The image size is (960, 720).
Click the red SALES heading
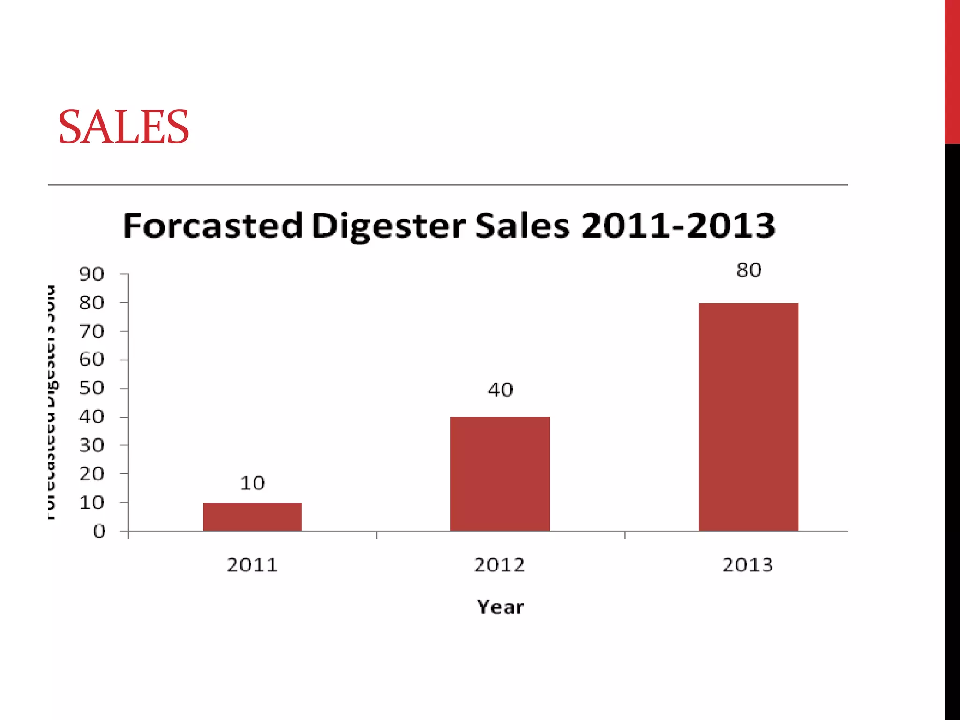tap(124, 127)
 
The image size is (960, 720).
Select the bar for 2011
tap(252, 517)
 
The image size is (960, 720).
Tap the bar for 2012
tap(500, 473)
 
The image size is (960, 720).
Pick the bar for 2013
tap(748, 417)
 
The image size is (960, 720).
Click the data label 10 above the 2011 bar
tap(252, 483)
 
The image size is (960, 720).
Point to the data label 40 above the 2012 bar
tap(500, 390)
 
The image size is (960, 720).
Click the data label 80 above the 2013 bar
tap(749, 270)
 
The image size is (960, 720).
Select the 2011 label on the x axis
tap(252, 565)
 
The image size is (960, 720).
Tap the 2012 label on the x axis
tap(499, 565)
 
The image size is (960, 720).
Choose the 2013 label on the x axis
tap(748, 565)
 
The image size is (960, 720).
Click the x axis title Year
tap(500, 607)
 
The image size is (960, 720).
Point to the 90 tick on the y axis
tap(91, 275)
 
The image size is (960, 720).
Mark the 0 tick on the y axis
tap(99, 532)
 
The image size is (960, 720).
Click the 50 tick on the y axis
tap(91, 389)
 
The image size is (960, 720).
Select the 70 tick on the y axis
tap(91, 332)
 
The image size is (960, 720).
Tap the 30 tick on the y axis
tap(91, 446)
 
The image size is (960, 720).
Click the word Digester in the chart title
tap(388, 226)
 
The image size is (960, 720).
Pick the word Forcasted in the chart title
tap(213, 226)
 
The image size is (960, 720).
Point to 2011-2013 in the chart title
tap(678, 226)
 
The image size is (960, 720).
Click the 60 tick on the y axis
tap(91, 360)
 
